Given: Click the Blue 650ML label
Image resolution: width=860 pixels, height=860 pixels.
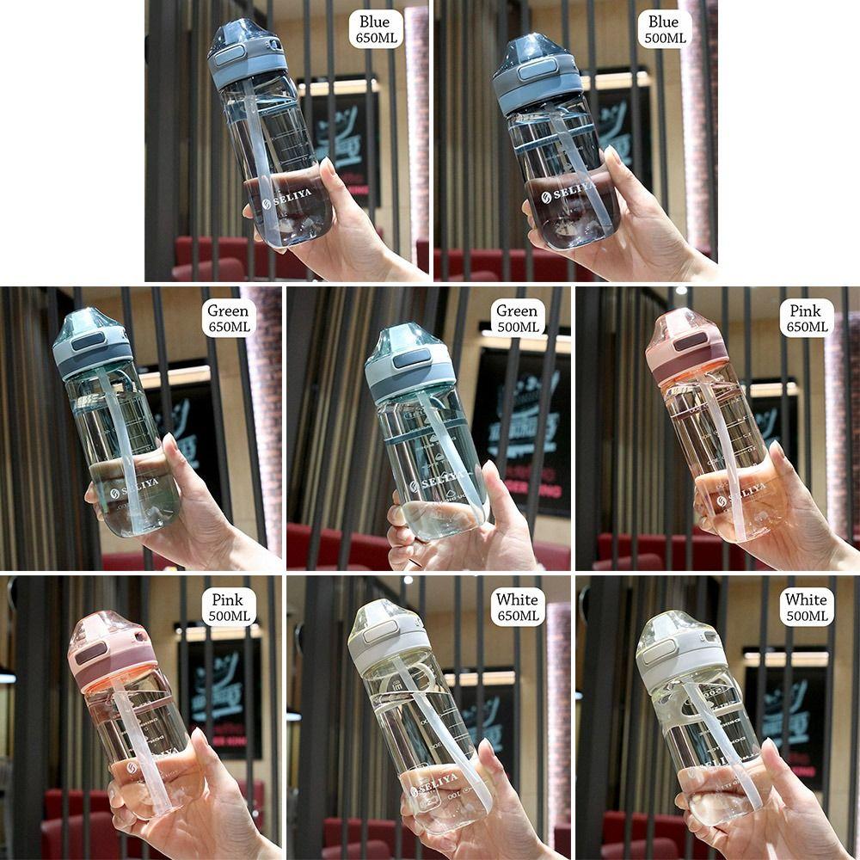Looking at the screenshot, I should pos(375,29).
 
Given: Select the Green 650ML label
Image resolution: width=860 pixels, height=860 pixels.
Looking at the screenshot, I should pos(228,318).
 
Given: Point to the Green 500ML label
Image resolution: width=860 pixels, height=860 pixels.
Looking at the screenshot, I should pos(518,318).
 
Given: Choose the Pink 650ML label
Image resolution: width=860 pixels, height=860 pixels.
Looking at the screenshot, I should pos(806,318).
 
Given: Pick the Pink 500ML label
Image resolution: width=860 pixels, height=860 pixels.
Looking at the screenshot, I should pos(228,607).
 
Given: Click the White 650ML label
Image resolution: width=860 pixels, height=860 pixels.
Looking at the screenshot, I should pos(518,607).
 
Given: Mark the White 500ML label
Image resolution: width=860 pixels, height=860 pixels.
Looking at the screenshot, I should pos(806,607).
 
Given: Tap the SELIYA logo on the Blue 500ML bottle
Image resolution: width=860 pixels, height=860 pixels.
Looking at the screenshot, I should pos(568,191).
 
